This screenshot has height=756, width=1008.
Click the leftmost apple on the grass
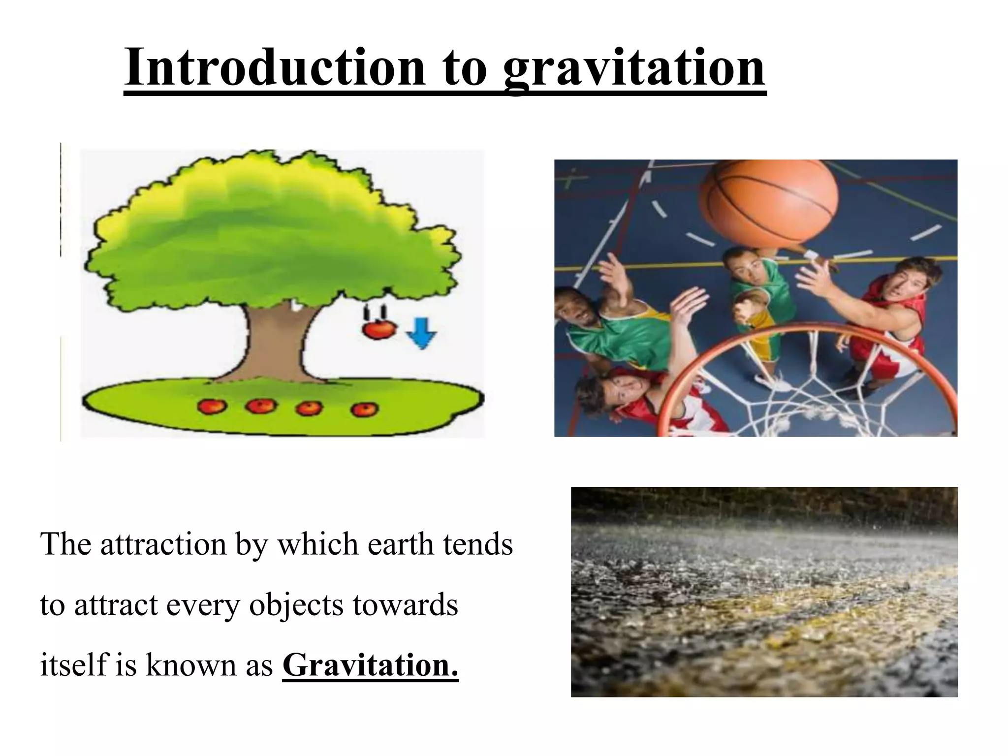212,406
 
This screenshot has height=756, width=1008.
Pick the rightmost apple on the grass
364,409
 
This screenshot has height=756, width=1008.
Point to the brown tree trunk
276,345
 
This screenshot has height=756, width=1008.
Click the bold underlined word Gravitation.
370,665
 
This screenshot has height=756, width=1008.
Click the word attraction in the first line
163,544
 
